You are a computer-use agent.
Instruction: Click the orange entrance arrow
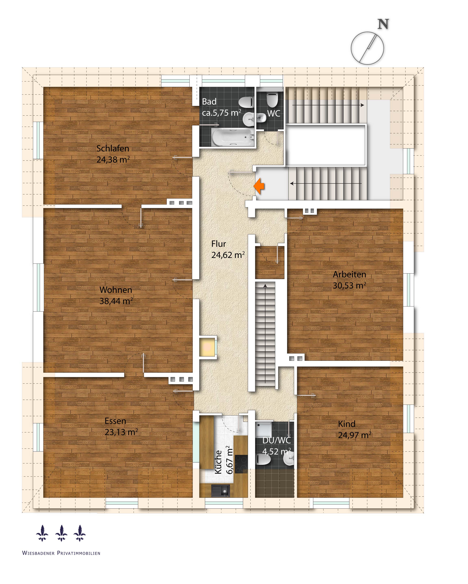(x=259, y=186)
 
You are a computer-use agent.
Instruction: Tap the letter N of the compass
(x=383, y=24)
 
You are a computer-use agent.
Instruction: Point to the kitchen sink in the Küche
(x=220, y=491)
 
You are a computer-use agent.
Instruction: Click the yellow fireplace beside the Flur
(x=208, y=347)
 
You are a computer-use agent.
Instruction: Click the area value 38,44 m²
(x=116, y=301)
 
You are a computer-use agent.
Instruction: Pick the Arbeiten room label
(x=349, y=274)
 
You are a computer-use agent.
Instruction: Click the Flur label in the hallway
(x=218, y=244)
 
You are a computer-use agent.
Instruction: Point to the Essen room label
(x=115, y=421)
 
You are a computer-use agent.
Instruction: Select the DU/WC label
(x=276, y=440)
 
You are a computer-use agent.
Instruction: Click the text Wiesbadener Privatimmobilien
(x=61, y=553)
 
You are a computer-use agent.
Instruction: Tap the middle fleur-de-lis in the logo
(x=61, y=533)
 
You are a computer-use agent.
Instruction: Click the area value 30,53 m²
(x=349, y=286)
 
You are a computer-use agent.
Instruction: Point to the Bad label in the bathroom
(x=209, y=102)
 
